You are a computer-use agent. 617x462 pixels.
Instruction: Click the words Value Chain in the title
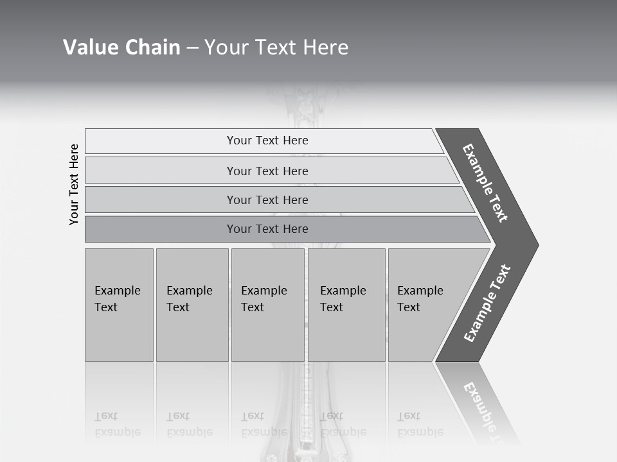[121, 47]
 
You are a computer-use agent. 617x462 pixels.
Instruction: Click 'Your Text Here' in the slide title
[276, 47]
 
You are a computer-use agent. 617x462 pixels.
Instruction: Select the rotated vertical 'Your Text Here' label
[74, 184]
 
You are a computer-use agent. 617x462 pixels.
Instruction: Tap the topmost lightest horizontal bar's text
[267, 141]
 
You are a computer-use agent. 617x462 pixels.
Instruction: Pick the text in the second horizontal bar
[267, 171]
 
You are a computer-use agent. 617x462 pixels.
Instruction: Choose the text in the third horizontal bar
[267, 200]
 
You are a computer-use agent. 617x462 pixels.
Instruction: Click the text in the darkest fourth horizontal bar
[267, 229]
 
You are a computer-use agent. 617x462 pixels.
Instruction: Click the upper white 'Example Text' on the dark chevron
[485, 183]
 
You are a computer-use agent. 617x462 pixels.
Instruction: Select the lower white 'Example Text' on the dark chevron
[487, 304]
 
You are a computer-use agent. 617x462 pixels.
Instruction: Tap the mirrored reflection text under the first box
[117, 424]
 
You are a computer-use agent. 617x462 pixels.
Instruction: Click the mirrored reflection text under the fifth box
[420, 424]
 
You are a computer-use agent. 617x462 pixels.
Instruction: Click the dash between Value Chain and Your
[192, 48]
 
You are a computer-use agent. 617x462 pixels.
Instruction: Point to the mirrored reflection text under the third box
[264, 424]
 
